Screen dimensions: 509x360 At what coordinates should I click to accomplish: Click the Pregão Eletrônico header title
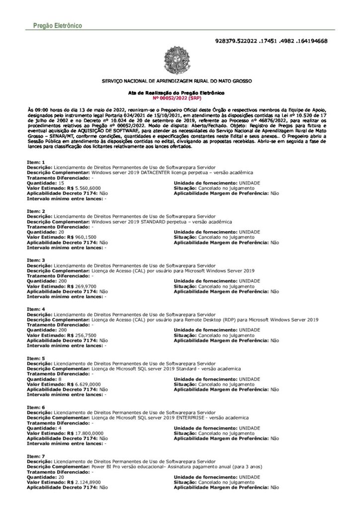pos(54,25)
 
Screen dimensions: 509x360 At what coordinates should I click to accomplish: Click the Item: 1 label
pos(36,163)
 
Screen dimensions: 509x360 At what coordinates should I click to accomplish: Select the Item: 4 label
pos(36,309)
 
